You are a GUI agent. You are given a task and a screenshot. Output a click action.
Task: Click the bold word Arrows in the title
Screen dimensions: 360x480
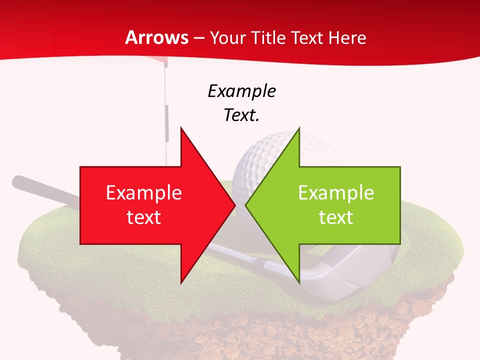pos(156,37)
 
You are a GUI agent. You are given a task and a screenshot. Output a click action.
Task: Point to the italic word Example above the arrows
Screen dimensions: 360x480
pos(241,91)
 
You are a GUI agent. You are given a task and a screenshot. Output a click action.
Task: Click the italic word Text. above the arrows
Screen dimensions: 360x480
pos(241,115)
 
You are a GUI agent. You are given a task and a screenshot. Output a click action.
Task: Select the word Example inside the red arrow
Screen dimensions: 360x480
pos(144,193)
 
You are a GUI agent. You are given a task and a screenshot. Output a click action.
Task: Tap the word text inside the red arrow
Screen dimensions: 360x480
pos(144,217)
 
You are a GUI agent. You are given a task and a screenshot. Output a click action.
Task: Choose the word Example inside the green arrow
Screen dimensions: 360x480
pos(336,193)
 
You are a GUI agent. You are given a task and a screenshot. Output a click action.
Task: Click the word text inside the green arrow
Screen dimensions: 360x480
pos(336,217)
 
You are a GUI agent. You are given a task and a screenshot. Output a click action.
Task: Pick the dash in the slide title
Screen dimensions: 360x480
pos(198,38)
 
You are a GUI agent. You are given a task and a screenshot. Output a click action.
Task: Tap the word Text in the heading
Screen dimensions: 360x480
pos(306,37)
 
